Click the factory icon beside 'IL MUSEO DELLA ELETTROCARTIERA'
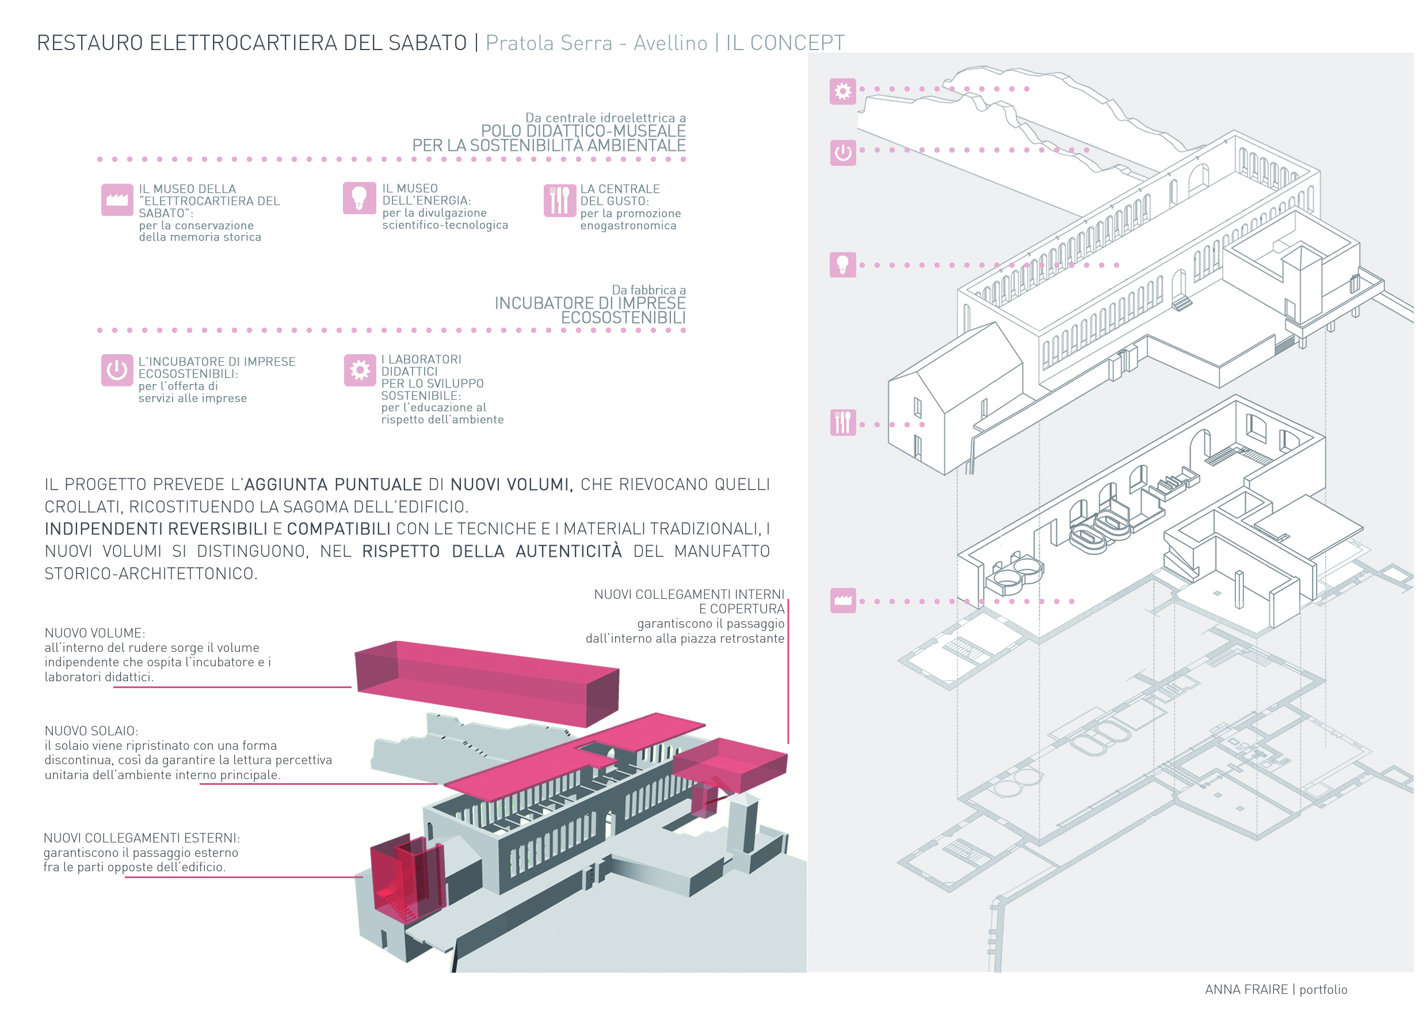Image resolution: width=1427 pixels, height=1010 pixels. point(117,200)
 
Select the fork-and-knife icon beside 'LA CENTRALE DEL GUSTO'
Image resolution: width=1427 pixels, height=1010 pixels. point(559,200)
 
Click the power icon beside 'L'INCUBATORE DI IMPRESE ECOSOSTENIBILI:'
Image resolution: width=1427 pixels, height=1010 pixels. point(117,370)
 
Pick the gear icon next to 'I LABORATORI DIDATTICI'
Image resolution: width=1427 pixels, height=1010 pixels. point(360,370)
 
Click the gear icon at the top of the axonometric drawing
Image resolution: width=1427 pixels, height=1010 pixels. point(843,92)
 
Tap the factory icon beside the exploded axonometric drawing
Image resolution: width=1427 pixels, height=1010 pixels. point(843,600)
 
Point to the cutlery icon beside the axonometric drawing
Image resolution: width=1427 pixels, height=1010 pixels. point(843,422)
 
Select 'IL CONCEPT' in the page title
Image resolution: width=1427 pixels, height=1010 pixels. point(785,43)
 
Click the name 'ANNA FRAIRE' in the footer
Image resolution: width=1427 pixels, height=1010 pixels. point(1246,989)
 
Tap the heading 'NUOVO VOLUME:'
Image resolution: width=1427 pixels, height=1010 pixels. point(94,632)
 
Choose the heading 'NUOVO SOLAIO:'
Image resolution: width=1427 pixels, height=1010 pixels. point(91,730)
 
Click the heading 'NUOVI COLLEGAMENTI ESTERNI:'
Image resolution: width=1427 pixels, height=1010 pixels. point(142,837)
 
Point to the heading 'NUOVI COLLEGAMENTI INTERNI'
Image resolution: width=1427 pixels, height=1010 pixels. point(689,594)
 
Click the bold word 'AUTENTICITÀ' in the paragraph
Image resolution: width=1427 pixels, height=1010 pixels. point(568,550)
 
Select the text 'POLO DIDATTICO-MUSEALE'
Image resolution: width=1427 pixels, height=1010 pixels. point(583,131)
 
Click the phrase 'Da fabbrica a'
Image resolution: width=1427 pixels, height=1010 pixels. point(649,290)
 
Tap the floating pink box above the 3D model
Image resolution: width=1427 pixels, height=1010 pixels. point(487,683)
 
